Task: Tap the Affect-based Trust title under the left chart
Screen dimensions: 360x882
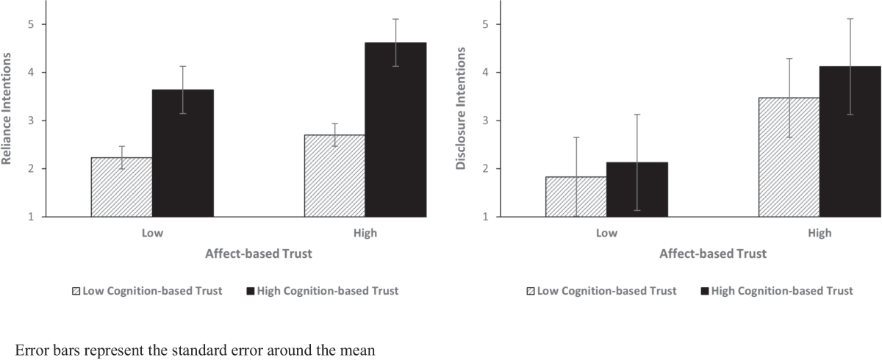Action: click(258, 254)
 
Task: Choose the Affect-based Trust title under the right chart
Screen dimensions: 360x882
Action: click(712, 254)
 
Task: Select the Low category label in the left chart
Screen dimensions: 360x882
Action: click(152, 234)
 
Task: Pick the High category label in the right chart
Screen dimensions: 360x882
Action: click(820, 234)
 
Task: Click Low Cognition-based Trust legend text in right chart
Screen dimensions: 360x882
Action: click(607, 291)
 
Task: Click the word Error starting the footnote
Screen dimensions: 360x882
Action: click(31, 350)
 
